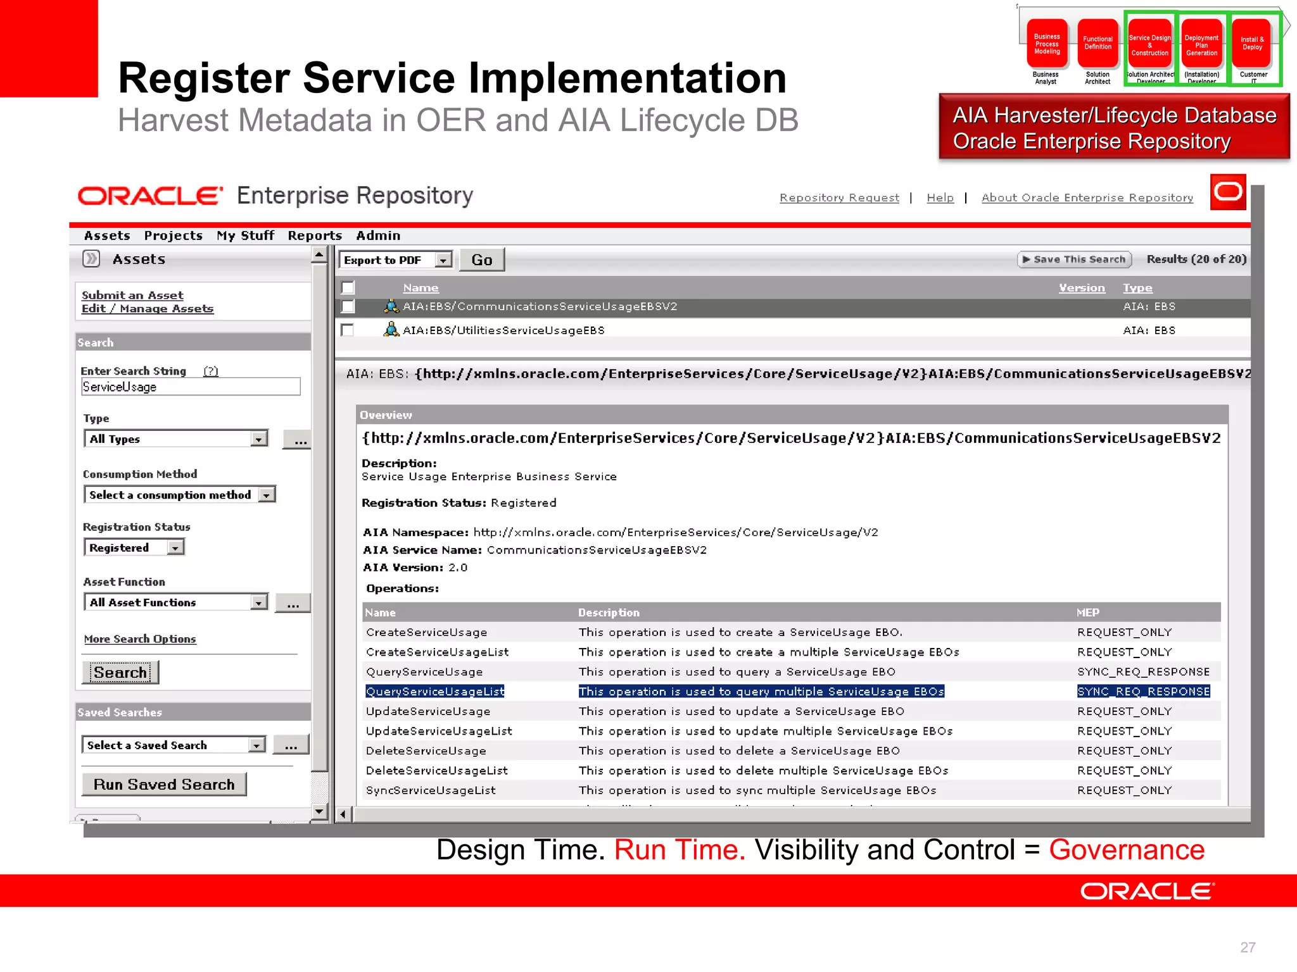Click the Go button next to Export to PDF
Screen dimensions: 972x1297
(x=481, y=260)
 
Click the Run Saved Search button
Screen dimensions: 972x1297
(x=164, y=785)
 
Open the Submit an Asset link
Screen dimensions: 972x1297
(x=132, y=295)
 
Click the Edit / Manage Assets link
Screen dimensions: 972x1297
(x=148, y=309)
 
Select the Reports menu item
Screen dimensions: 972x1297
(x=315, y=236)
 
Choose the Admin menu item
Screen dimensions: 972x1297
(x=378, y=236)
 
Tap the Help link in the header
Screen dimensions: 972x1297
(x=940, y=198)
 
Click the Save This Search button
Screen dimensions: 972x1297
(x=1074, y=259)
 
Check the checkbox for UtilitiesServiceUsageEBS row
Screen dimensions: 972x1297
(x=347, y=330)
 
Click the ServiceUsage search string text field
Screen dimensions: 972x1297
(x=191, y=387)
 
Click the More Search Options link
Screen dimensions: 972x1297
(x=140, y=639)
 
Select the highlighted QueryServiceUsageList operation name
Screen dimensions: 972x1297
(x=435, y=692)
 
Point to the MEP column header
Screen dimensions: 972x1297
(x=1087, y=613)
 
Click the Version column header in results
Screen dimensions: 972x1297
(x=1082, y=288)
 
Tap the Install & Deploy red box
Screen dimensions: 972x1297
(x=1252, y=44)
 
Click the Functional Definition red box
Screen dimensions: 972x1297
(x=1098, y=44)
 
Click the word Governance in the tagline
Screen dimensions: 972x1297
(x=1127, y=850)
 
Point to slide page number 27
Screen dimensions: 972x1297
(x=1248, y=947)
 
